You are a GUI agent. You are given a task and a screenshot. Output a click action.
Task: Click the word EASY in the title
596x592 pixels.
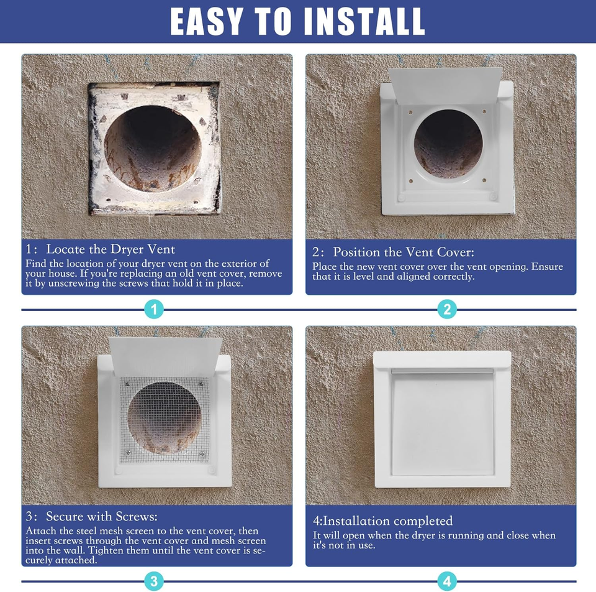(x=205, y=22)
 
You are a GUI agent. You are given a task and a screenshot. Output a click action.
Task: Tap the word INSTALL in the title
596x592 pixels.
(x=364, y=22)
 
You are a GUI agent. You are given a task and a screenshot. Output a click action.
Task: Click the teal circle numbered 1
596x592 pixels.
(x=154, y=309)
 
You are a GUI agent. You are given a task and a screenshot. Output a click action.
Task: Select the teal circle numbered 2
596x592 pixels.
(x=446, y=309)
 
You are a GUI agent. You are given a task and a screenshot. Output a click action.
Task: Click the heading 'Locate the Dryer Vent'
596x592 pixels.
(x=111, y=249)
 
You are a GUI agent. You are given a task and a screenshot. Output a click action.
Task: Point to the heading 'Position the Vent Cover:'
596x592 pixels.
(x=403, y=252)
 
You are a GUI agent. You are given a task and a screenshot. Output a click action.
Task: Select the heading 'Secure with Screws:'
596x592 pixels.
(x=102, y=517)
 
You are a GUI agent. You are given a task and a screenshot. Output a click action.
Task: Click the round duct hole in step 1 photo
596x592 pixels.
(x=153, y=149)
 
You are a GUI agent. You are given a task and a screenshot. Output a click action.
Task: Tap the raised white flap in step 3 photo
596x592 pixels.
(x=165, y=354)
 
